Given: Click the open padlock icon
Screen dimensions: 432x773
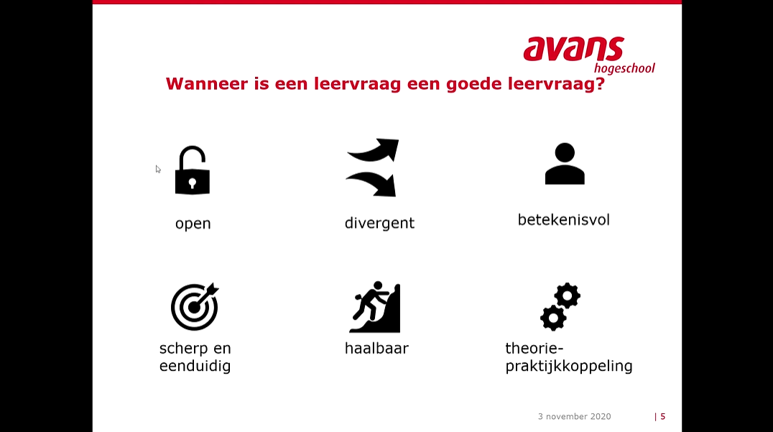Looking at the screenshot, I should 193,171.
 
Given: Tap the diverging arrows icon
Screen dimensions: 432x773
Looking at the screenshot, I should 373,167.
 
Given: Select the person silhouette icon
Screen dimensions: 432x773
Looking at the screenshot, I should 565,164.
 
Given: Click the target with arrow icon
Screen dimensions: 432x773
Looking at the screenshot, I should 195,307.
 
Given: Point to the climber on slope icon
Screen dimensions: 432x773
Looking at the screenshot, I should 375,307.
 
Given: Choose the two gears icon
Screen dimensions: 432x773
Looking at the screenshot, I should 560,306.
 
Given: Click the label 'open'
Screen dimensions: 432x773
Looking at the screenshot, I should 193,224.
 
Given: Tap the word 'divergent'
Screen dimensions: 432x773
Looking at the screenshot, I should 379,224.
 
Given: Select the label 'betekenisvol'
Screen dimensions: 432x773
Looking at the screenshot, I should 563,220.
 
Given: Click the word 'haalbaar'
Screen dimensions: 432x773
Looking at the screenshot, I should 376,349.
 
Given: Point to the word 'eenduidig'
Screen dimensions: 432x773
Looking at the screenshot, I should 195,367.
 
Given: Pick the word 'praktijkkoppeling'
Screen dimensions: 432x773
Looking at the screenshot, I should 569,367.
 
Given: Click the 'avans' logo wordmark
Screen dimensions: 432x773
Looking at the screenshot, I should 573,49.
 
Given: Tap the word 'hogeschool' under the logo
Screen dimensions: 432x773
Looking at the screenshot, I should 624,68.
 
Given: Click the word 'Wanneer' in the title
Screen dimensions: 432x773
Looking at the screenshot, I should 205,84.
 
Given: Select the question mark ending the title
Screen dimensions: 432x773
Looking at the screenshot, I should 599,84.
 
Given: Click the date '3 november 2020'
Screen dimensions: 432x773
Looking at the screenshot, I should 574,416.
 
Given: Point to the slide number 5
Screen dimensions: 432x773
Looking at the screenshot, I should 662,416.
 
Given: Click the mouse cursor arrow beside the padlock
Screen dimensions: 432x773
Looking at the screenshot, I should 158,169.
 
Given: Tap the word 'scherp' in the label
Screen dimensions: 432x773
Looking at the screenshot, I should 184,349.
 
